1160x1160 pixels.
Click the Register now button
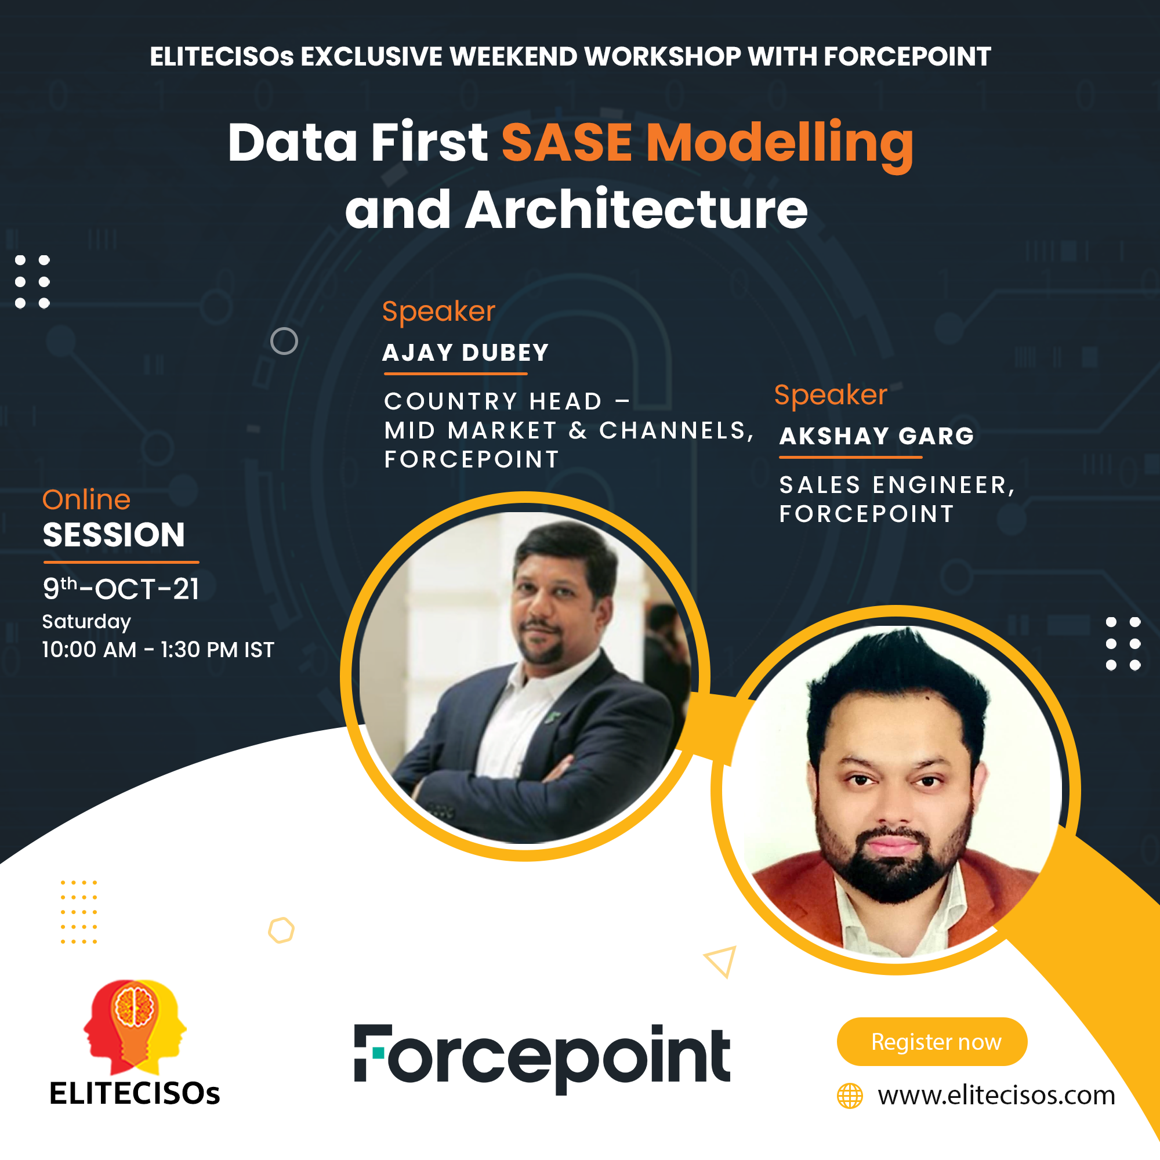point(932,1042)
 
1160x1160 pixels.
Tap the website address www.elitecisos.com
point(996,1096)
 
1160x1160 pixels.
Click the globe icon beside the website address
point(850,1096)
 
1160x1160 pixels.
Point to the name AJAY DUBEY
point(466,353)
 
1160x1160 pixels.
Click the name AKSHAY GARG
point(876,436)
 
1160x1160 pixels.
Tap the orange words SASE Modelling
point(707,144)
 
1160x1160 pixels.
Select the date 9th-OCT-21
point(121,588)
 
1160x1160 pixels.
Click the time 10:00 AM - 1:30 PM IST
point(158,650)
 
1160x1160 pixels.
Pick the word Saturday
point(86,621)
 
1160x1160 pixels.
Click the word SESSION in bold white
point(114,534)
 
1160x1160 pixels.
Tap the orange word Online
point(86,499)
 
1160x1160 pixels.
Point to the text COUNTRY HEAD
point(493,402)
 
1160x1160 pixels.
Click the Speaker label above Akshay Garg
point(831,395)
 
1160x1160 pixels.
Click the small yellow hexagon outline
point(281,931)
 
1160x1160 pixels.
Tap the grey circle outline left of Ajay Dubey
point(284,341)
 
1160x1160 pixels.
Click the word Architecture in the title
point(636,209)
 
